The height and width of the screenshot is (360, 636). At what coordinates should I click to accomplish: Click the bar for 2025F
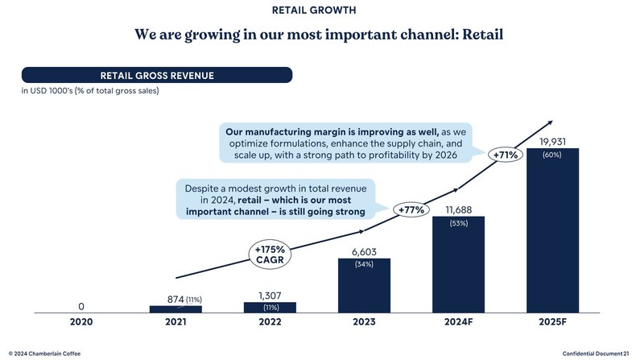coord(552,234)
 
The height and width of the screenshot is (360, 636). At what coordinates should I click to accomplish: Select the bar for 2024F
coord(458,266)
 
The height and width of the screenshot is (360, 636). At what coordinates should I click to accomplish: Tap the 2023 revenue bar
coord(364,286)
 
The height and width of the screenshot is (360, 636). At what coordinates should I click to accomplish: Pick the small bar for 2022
coord(270,307)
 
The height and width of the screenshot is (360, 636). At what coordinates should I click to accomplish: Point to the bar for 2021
coord(176,308)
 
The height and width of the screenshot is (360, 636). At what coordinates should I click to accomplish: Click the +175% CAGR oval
coord(270,253)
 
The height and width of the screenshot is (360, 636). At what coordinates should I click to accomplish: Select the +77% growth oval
coord(412,210)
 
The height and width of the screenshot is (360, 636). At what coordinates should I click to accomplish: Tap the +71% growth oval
coord(506,154)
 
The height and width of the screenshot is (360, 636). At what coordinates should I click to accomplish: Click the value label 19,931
coord(552,142)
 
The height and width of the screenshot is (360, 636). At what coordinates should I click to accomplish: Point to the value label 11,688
coord(458,210)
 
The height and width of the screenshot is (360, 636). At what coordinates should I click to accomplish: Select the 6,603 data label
coord(364,251)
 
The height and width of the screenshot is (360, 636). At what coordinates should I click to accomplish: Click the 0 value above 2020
coord(81,306)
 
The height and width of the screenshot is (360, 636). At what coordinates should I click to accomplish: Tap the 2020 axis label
coord(81,322)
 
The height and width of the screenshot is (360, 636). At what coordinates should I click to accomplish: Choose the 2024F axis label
coord(458,322)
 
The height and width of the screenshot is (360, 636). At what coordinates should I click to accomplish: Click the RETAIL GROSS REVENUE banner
coord(156,76)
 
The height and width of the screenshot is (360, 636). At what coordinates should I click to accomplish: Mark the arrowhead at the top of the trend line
coord(550,123)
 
